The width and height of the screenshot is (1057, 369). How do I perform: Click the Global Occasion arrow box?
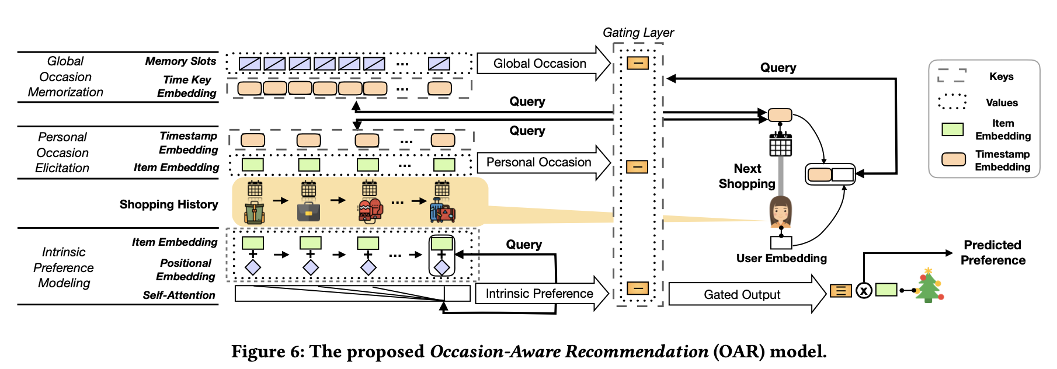(x=540, y=64)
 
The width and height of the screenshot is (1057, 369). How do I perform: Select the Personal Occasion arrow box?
(x=539, y=162)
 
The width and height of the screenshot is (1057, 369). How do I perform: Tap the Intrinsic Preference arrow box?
(x=539, y=294)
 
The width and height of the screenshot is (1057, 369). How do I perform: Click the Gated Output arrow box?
(x=742, y=295)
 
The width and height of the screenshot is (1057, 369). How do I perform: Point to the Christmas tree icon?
(x=928, y=286)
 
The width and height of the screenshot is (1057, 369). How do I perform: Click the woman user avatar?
(x=780, y=211)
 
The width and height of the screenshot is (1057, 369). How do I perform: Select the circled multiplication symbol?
(x=864, y=290)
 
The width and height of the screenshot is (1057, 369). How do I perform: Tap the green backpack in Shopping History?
(x=254, y=212)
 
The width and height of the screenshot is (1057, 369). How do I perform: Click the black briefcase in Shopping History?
(x=308, y=211)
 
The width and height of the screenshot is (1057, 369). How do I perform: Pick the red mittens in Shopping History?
(x=370, y=210)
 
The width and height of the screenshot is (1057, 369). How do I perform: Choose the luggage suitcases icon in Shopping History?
(x=442, y=211)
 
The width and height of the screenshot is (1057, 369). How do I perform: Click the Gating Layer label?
(x=638, y=33)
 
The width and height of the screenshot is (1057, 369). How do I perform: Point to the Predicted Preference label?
(x=993, y=252)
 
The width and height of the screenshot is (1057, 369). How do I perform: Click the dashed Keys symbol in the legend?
(x=951, y=76)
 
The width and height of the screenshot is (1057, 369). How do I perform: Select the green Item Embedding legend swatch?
(x=952, y=129)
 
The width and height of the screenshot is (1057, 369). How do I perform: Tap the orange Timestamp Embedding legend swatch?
(x=953, y=159)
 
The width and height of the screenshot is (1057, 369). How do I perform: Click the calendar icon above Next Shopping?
(x=780, y=144)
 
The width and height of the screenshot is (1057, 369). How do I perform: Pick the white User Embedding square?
(x=781, y=242)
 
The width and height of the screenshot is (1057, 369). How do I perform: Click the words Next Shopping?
(x=747, y=176)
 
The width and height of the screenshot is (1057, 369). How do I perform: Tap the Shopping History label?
(x=168, y=204)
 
